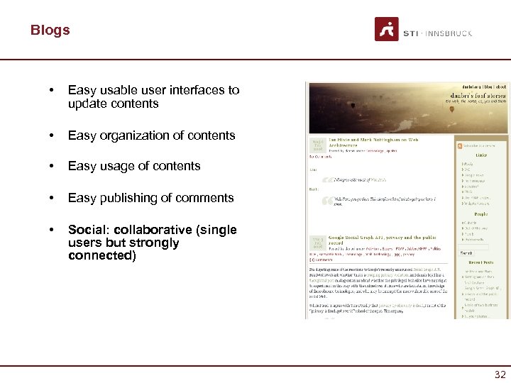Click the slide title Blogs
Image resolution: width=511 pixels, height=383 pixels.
tap(50, 30)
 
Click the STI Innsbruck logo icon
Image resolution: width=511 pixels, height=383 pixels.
tap(387, 29)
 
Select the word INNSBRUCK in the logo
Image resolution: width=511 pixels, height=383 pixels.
tap(449, 33)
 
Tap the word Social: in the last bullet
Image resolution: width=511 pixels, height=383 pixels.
tap(86, 230)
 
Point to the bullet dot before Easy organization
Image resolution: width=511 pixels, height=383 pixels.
tap(49, 135)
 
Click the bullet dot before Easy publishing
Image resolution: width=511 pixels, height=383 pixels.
tap(49, 198)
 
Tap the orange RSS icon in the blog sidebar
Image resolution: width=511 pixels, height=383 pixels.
tap(460, 146)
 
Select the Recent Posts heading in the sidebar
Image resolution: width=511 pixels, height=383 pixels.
tap(480, 262)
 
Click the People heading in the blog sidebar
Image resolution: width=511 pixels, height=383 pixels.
tap(480, 213)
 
